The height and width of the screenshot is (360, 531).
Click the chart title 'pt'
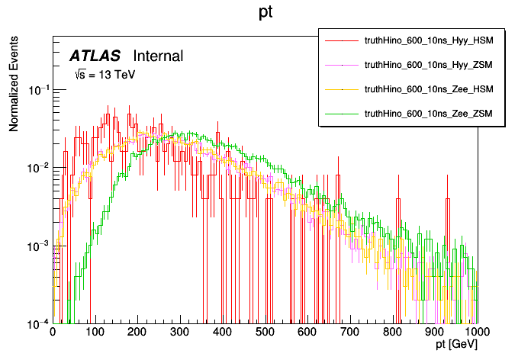coord(266,13)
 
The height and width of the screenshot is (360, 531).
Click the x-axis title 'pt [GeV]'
coord(457,345)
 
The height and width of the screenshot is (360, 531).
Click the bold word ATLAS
coord(95,56)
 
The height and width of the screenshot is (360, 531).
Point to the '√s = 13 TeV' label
coord(104,75)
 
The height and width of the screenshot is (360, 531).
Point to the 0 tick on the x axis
coord(53,333)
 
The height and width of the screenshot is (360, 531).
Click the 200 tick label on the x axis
coord(137,333)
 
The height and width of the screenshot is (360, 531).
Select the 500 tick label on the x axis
coord(265,333)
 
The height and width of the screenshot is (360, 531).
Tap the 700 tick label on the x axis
coord(350,333)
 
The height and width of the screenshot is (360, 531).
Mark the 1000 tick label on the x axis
coord(476,333)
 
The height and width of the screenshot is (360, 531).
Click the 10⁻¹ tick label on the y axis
coord(37,90)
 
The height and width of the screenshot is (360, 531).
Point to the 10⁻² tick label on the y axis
coord(37,168)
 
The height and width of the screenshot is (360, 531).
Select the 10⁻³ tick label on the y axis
coord(37,246)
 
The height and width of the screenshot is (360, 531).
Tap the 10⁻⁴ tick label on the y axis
coord(37,323)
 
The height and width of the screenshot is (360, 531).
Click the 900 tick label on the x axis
coord(435,333)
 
